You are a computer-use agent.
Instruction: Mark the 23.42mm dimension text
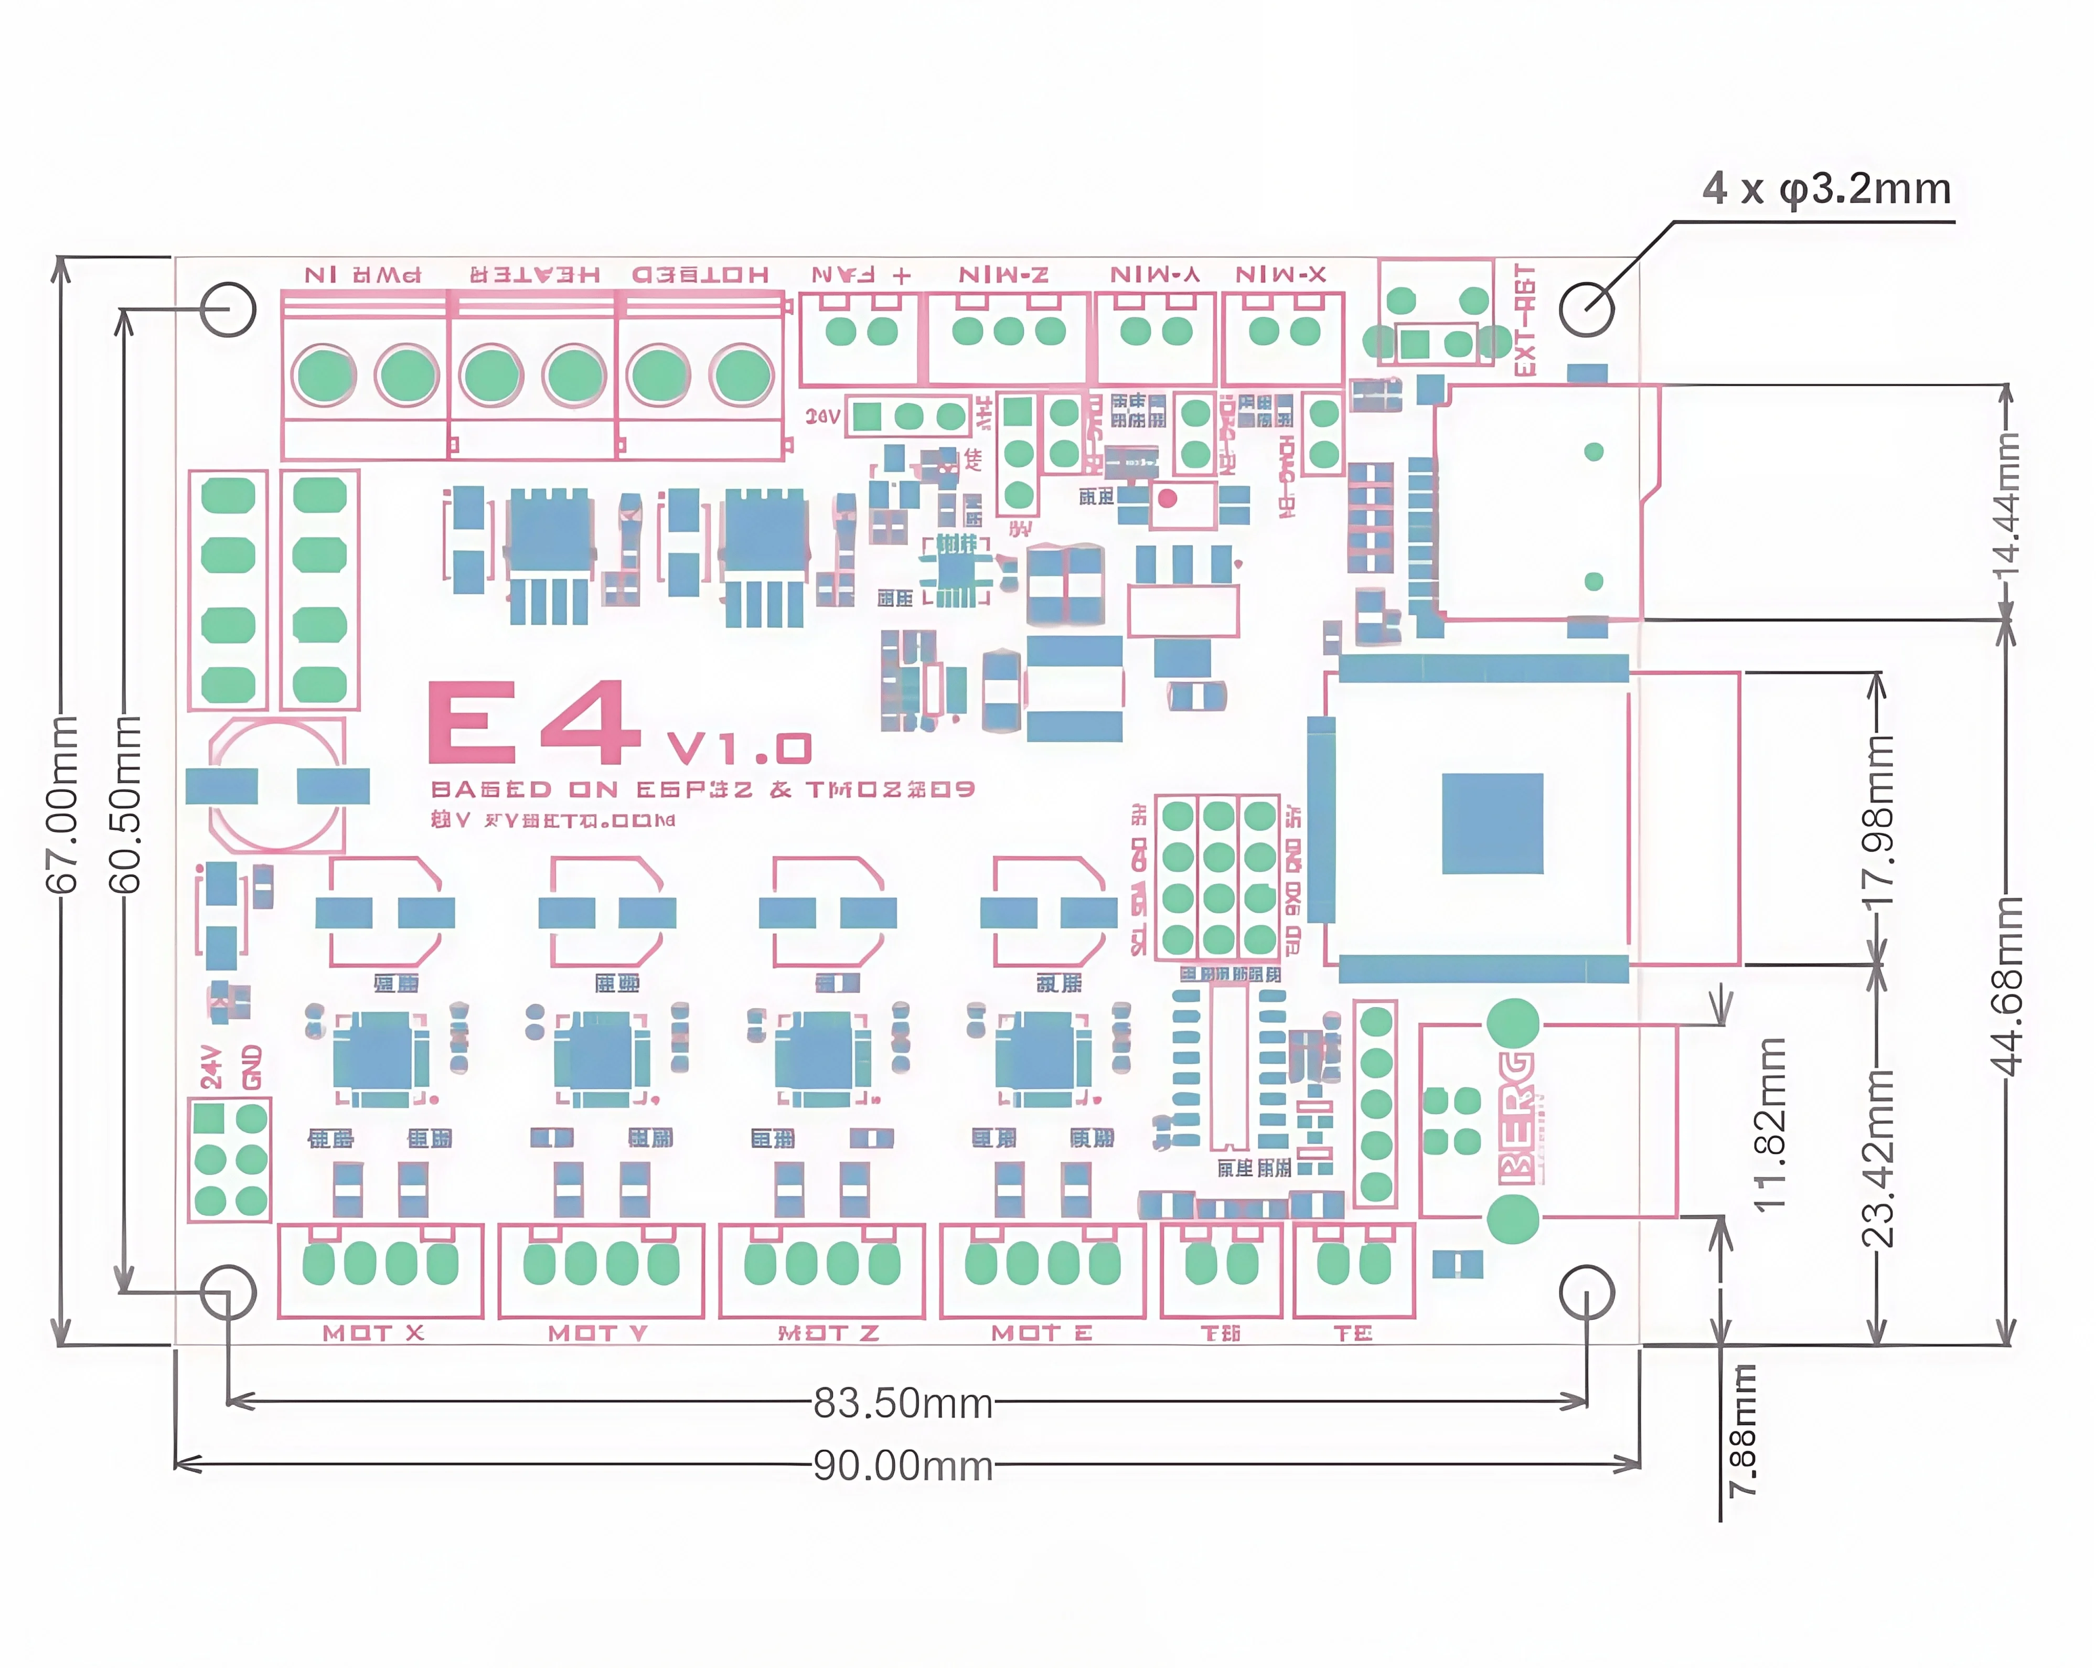pos(1878,1157)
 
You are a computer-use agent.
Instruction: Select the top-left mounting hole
pos(229,309)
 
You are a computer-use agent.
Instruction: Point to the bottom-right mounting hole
pos(1587,1293)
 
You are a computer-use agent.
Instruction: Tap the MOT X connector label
pos(373,1333)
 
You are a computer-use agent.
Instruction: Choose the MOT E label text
pos(1041,1333)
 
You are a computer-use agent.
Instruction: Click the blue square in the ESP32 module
pos(1492,824)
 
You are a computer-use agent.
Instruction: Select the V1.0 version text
pos(739,749)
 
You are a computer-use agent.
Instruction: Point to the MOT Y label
pos(597,1333)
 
